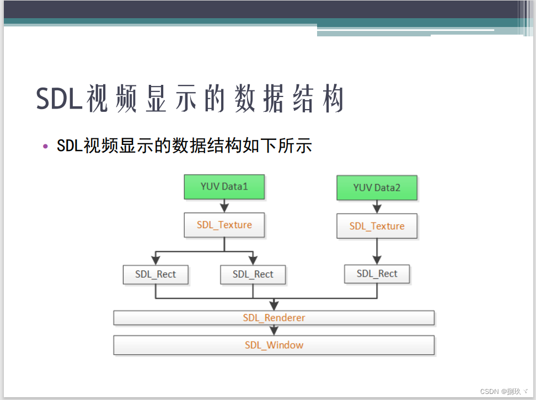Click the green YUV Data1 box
pos(224,187)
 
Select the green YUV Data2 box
pos(377,188)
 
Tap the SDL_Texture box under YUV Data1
pos(224,225)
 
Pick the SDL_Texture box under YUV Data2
pos(377,226)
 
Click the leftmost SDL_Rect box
pos(156,274)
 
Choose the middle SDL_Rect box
pos(253,274)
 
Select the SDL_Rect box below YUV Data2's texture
pos(377,274)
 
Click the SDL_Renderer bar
pos(274,318)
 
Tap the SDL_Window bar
pos(274,345)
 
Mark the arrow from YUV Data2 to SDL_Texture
pos(377,208)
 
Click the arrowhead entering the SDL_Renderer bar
pos(274,306)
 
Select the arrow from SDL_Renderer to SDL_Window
pos(274,331)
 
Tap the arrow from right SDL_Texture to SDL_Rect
pos(377,252)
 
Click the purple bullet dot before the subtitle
pos(46,146)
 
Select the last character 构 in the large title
pos(333,100)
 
